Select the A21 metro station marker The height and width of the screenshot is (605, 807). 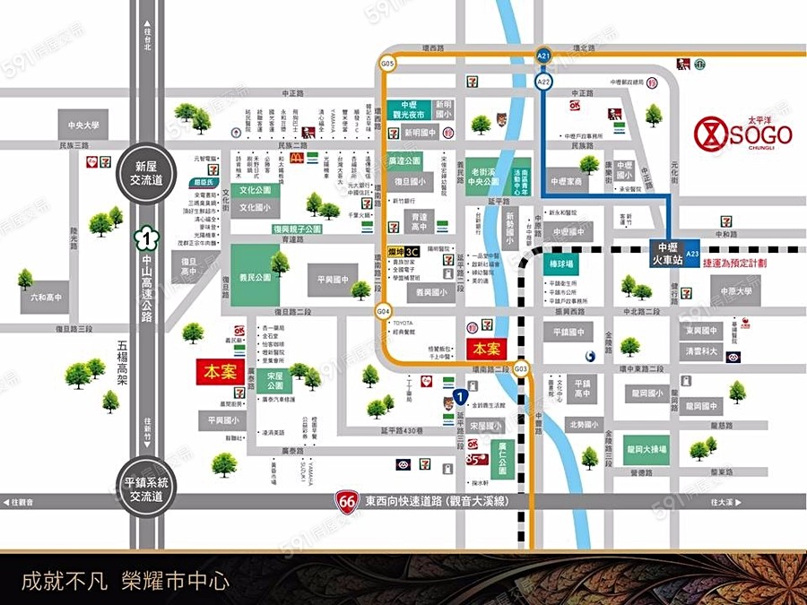pyautogui.click(x=543, y=56)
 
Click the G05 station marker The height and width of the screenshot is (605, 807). pyautogui.click(x=387, y=65)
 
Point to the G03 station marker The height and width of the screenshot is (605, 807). pyautogui.click(x=522, y=369)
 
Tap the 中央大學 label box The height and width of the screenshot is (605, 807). pyautogui.click(x=83, y=125)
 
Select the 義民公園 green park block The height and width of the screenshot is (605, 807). pyautogui.click(x=255, y=277)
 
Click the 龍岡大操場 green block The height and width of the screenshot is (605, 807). pyautogui.click(x=646, y=449)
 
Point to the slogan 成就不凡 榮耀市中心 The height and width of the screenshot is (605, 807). pyautogui.click(x=126, y=580)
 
